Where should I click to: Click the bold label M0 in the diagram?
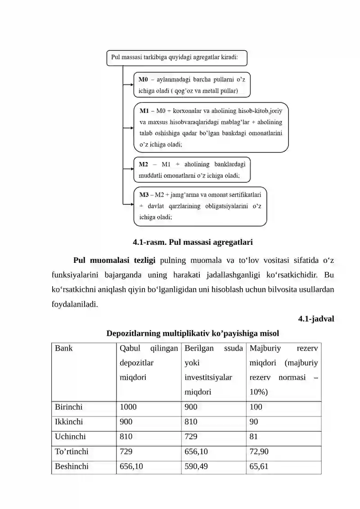(x=143, y=79)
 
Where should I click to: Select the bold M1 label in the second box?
(x=144, y=110)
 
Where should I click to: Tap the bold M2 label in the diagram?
(x=144, y=164)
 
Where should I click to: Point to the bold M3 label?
(x=144, y=194)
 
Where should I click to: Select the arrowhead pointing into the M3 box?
(x=130, y=205)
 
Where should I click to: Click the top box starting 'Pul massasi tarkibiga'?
(x=176, y=58)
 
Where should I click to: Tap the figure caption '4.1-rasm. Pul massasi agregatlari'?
(x=193, y=243)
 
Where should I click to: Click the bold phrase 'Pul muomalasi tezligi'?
(x=114, y=261)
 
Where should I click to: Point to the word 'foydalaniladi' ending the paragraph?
(x=75, y=304)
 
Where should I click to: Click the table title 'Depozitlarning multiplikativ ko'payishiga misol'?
(x=193, y=333)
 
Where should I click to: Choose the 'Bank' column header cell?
(x=63, y=348)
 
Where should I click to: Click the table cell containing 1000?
(x=128, y=407)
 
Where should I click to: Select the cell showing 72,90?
(x=259, y=451)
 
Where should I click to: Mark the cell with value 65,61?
(x=259, y=466)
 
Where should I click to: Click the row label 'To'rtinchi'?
(x=72, y=451)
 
